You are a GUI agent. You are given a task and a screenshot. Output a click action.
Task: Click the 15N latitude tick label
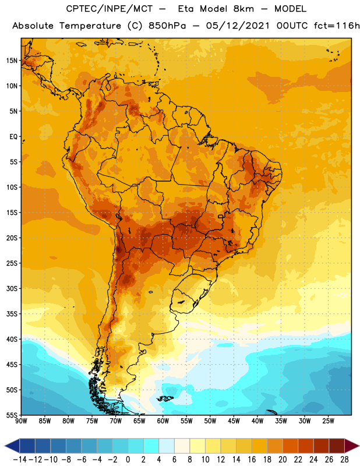click(12, 61)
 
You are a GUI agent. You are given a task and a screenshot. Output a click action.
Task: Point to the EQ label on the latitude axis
click(13, 137)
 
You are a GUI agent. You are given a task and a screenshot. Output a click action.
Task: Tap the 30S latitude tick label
click(12, 288)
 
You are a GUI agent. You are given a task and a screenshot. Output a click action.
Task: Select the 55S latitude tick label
click(12, 415)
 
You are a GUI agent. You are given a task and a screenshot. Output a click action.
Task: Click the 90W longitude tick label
click(21, 421)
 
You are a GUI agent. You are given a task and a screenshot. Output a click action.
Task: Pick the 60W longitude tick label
click(163, 421)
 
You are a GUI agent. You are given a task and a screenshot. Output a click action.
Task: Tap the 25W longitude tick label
click(328, 421)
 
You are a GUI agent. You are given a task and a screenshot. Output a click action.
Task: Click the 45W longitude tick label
click(234, 421)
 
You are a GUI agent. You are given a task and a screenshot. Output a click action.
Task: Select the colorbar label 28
click(344, 460)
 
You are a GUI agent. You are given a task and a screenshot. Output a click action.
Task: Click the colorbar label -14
click(20, 460)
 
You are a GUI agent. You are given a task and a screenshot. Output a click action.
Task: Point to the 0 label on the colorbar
click(128, 460)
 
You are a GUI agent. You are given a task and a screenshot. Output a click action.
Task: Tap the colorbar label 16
click(252, 460)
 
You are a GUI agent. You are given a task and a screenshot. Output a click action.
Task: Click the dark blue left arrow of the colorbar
click(12, 446)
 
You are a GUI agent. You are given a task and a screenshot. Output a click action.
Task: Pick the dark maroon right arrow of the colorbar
click(352, 446)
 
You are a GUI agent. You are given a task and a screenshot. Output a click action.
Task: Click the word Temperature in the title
click(90, 26)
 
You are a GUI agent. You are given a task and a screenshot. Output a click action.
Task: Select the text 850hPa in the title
click(167, 26)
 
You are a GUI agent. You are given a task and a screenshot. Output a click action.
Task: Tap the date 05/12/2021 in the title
click(238, 26)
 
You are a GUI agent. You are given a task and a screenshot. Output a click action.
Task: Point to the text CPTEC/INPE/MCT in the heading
click(110, 9)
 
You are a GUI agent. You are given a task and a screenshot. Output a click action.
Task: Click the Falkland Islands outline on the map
click(165, 398)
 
